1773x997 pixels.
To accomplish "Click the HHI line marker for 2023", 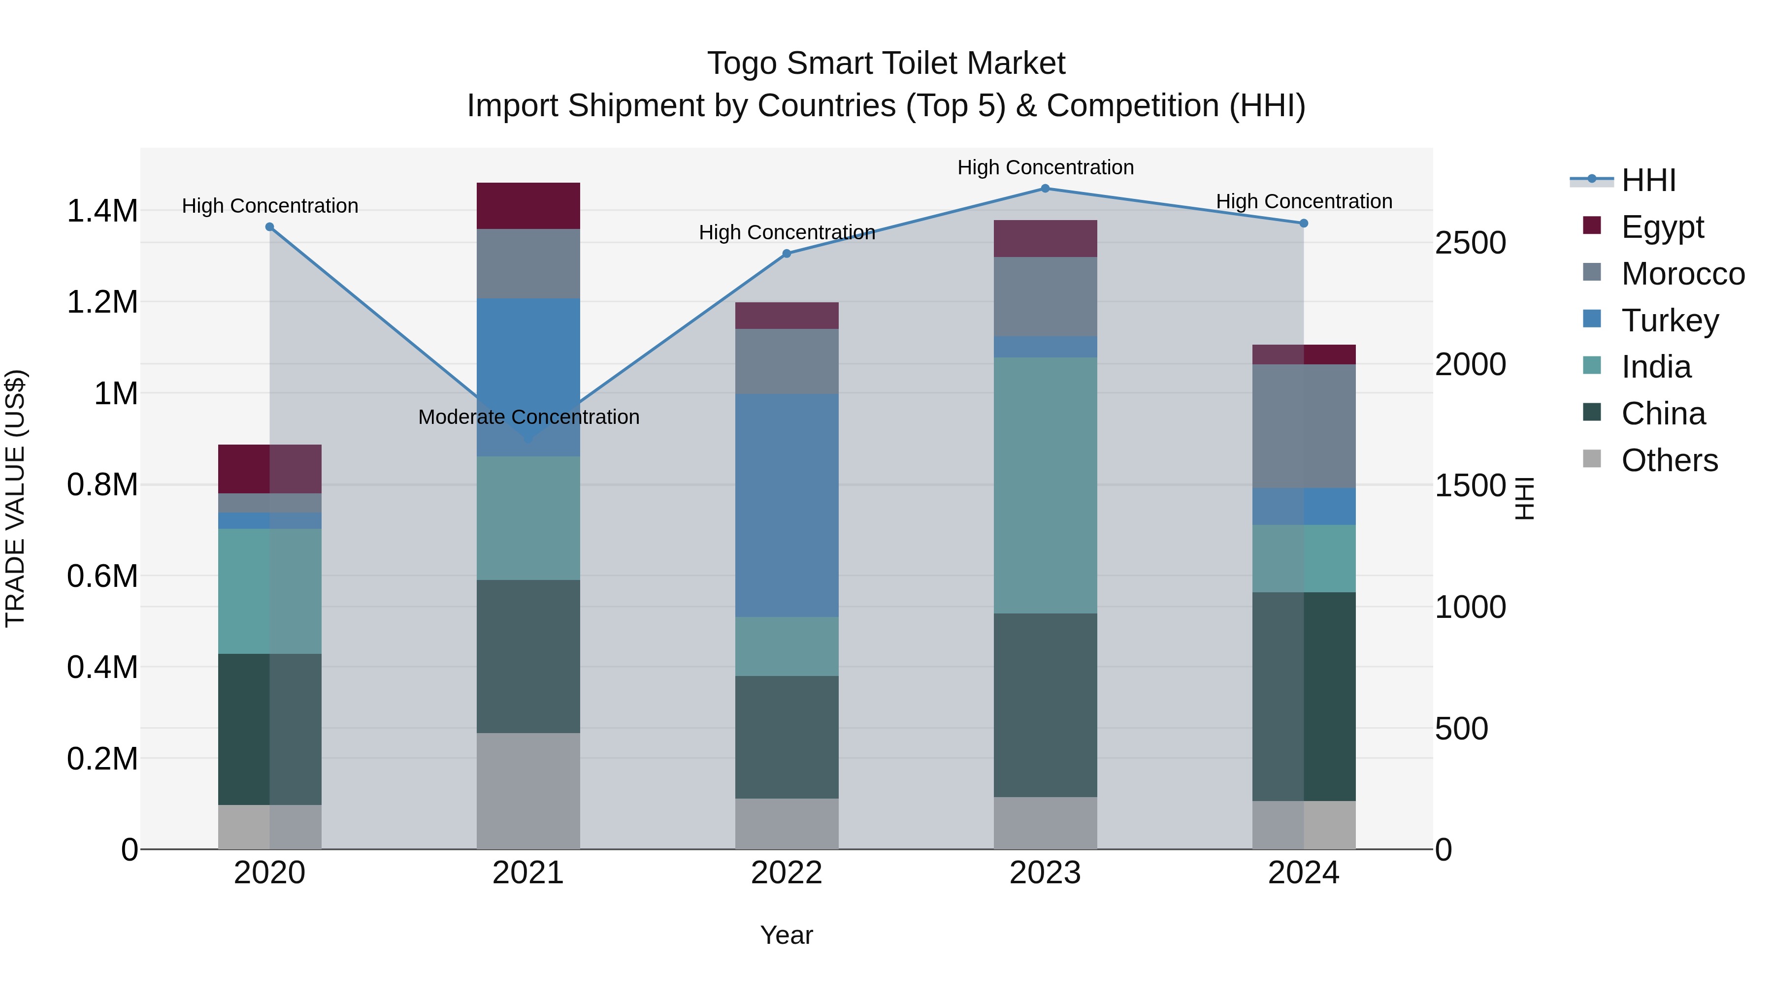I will point(1045,189).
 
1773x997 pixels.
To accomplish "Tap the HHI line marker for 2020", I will point(270,227).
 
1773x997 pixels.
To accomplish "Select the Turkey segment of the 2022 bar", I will point(787,505).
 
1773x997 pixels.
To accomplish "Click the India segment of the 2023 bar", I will point(1045,485).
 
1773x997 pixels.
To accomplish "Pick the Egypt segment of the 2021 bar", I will point(528,206).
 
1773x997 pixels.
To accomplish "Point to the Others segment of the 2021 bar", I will point(528,791).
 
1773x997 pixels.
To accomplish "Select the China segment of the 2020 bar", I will point(270,729).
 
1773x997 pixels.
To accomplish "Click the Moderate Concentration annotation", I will point(528,417).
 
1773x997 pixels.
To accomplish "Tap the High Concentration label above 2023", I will point(1045,167).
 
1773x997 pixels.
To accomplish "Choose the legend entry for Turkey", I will point(1669,321).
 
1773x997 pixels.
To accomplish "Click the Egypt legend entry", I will point(1662,227).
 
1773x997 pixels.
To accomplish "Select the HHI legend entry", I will point(1648,180).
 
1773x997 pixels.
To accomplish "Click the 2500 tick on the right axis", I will point(1470,243).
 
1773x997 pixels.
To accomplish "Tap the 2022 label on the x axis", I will point(787,873).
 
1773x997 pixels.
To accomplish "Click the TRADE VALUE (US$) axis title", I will point(15,498).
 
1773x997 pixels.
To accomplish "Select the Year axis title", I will point(787,935).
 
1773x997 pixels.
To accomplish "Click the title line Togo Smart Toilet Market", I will point(886,64).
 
